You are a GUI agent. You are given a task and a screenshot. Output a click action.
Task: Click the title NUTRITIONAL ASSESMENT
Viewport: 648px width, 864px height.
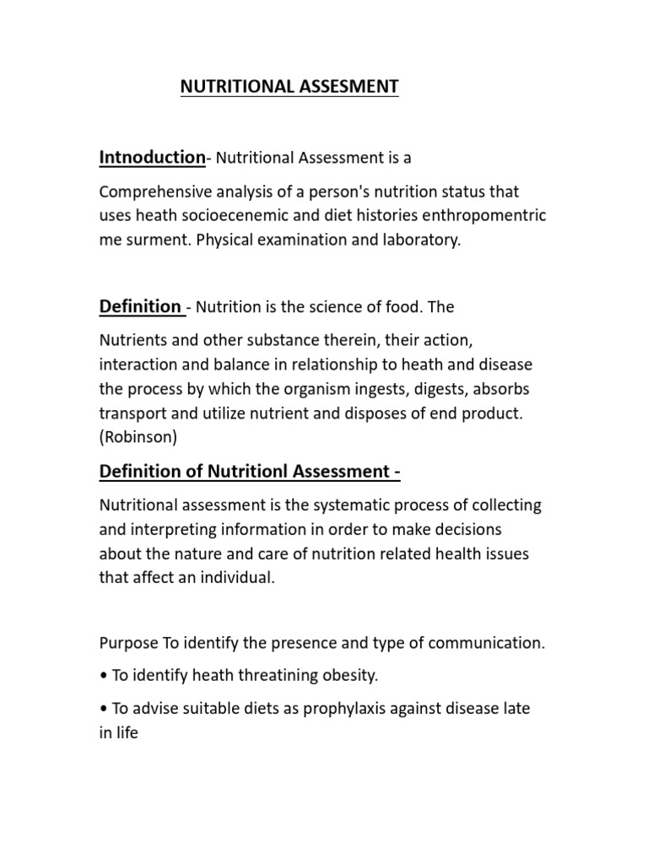click(289, 87)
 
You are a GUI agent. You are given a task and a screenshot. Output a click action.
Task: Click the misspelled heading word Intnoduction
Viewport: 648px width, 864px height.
click(152, 157)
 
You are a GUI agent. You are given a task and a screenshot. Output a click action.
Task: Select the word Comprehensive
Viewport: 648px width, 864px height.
click(150, 193)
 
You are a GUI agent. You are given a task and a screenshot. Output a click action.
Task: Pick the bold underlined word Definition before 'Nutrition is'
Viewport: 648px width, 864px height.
click(140, 306)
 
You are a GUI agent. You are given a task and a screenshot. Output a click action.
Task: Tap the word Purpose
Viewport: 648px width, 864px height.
click(128, 643)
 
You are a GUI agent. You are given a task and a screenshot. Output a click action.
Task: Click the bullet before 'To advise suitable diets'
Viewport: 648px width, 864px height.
click(103, 710)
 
